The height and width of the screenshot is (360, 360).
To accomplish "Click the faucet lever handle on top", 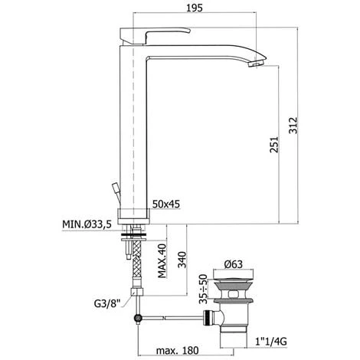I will pos(157,35).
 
